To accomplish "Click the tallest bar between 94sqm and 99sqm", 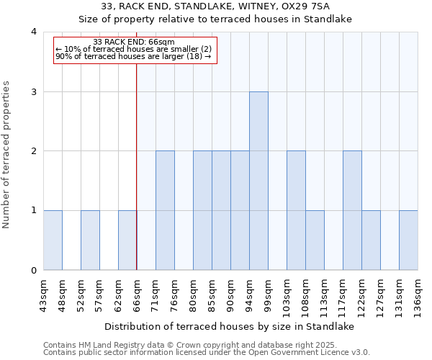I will pyautogui.click(x=258, y=181).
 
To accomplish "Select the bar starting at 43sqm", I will pyautogui.click(x=53, y=240).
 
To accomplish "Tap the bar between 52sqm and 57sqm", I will pyautogui.click(x=90, y=240).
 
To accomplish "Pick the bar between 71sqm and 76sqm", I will pyautogui.click(x=165, y=210).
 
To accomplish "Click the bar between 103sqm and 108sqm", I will pyautogui.click(x=296, y=210).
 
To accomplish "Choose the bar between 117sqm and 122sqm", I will pyautogui.click(x=352, y=210).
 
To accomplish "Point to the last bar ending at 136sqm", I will pyautogui.click(x=408, y=240).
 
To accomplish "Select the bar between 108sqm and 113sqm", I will pyautogui.click(x=315, y=240).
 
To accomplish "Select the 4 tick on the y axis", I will pyautogui.click(x=34, y=32).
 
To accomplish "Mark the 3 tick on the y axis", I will pyautogui.click(x=34, y=91).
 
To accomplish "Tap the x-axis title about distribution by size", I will pyautogui.click(x=230, y=326).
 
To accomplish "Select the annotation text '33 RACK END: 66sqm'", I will pyautogui.click(x=134, y=42).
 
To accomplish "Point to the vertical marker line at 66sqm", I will pyautogui.click(x=137, y=166).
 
